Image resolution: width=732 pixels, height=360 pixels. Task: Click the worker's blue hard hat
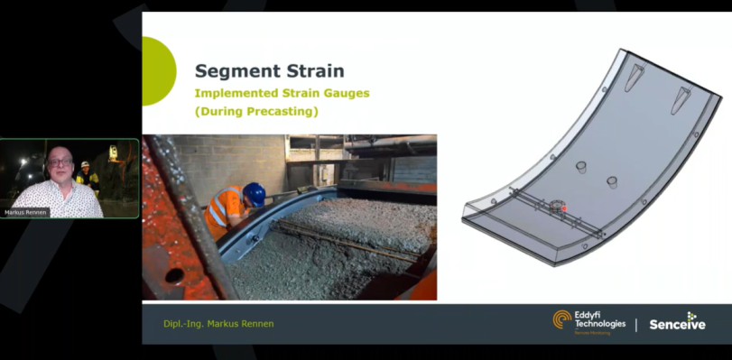(x=255, y=194)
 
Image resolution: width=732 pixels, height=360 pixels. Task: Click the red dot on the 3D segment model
(x=565, y=209)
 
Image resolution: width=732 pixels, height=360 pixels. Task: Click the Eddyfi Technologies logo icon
(x=562, y=320)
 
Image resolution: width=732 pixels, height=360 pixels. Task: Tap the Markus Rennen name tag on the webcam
(x=25, y=213)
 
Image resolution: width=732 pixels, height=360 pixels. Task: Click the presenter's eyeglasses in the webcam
(x=60, y=162)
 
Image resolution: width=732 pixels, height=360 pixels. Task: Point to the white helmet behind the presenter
(x=85, y=164)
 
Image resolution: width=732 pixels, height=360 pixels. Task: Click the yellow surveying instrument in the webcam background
(x=113, y=152)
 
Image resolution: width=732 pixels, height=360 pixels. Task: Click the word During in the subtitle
(x=222, y=112)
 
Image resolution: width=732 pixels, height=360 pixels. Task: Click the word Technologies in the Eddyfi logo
(x=599, y=323)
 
